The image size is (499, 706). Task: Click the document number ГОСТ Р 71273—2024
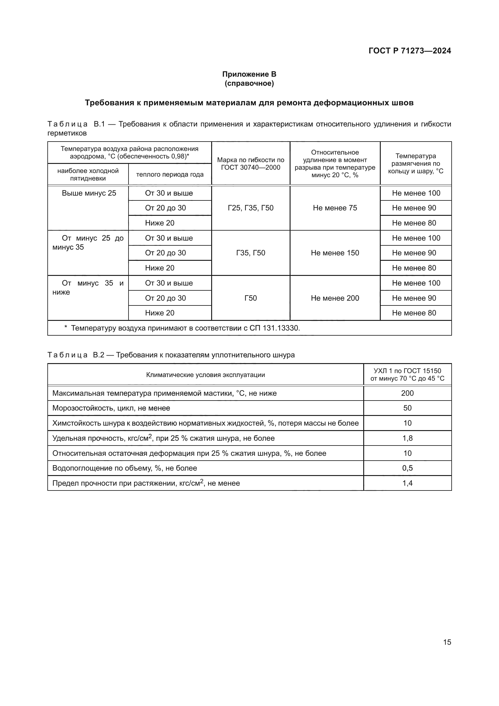pyautogui.click(x=410, y=51)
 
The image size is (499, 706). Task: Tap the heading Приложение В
pyautogui.click(x=249, y=74)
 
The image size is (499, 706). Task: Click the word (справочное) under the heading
pyautogui.click(x=249, y=83)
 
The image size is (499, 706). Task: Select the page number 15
pyautogui.click(x=447, y=642)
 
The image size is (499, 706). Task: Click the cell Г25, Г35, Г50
pyautogui.click(x=250, y=208)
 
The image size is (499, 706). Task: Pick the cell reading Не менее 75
pyautogui.click(x=335, y=208)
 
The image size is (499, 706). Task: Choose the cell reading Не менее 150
pyautogui.click(x=335, y=253)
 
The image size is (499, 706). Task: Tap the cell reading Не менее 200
pyautogui.click(x=335, y=298)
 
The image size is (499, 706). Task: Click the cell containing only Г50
pyautogui.click(x=250, y=298)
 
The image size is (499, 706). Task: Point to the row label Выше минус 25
pyautogui.click(x=89, y=193)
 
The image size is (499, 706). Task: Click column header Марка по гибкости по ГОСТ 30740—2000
pyautogui.click(x=250, y=164)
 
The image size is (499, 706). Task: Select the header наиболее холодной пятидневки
pyautogui.click(x=88, y=174)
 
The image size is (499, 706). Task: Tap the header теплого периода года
pyautogui.click(x=170, y=174)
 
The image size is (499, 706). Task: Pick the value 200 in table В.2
pyautogui.click(x=407, y=393)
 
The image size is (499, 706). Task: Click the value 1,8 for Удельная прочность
pyautogui.click(x=407, y=438)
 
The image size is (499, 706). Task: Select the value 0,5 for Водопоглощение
pyautogui.click(x=407, y=468)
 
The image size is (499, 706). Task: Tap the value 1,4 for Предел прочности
pyautogui.click(x=407, y=483)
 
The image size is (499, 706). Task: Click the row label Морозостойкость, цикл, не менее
pyautogui.click(x=111, y=408)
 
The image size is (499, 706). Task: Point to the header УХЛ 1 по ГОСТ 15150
pyautogui.click(x=407, y=371)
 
